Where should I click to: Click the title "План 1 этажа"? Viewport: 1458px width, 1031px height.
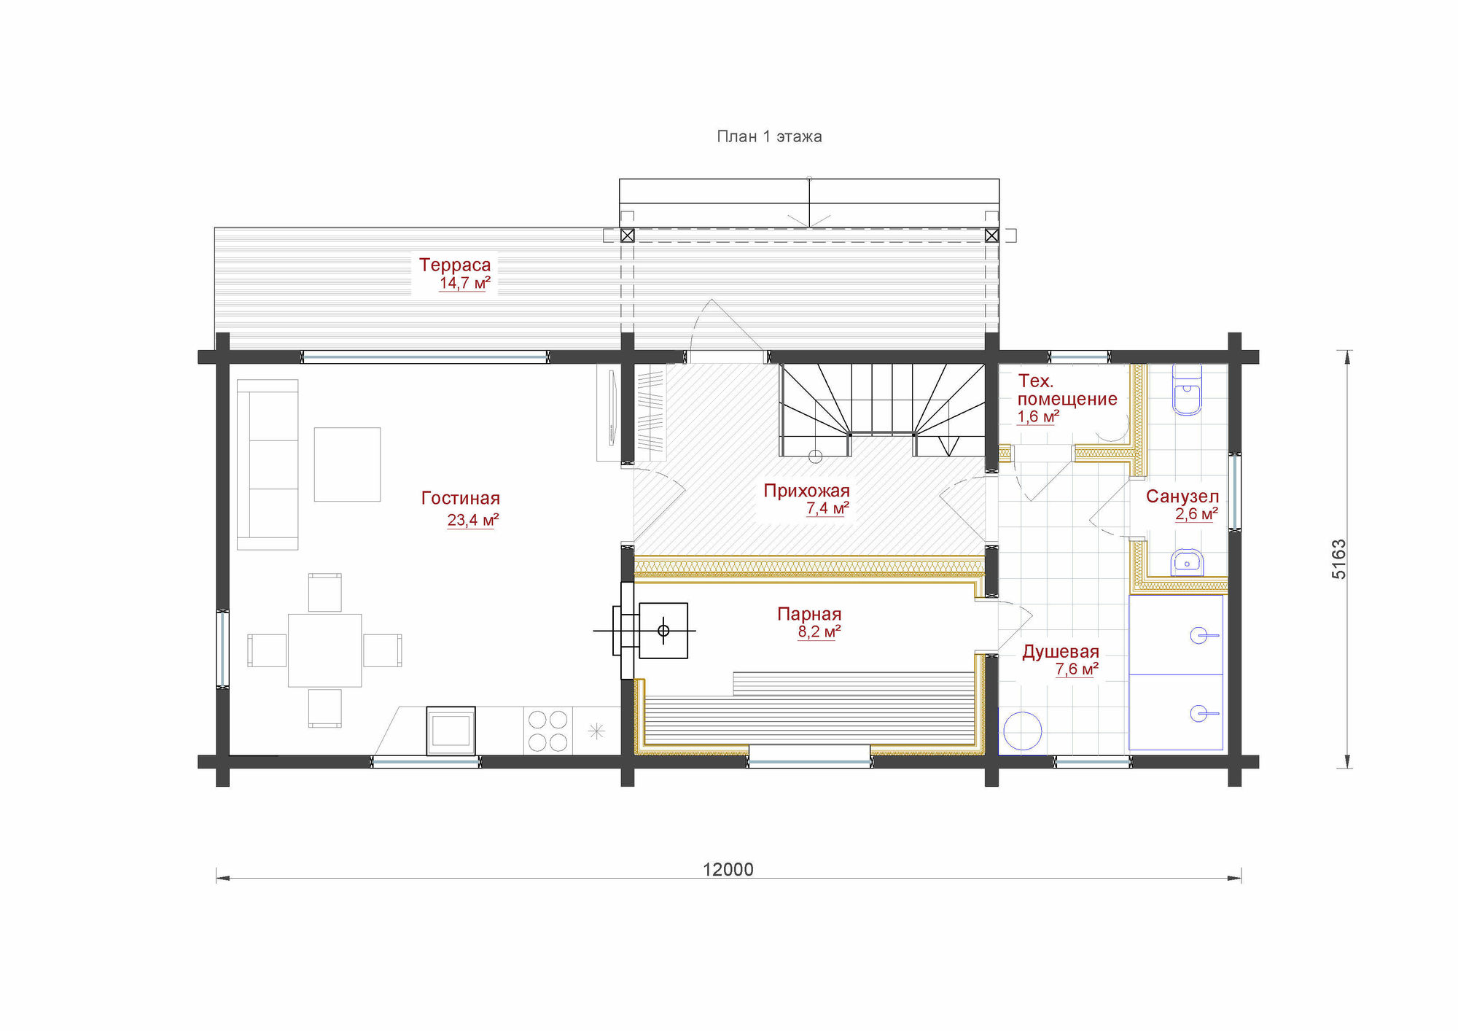pyautogui.click(x=769, y=136)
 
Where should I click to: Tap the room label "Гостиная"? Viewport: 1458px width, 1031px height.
pyautogui.click(x=461, y=498)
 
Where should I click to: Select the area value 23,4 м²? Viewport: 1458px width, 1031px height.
pyautogui.click(x=473, y=520)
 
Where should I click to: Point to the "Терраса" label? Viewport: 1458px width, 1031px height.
pyautogui.click(x=455, y=265)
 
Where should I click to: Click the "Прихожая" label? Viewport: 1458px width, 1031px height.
pyautogui.click(x=807, y=491)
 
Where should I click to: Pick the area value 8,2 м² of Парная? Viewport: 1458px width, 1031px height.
pyautogui.click(x=819, y=631)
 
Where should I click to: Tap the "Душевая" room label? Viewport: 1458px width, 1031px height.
pyautogui.click(x=1061, y=652)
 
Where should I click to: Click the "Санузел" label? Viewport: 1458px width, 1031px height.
pyautogui.click(x=1182, y=497)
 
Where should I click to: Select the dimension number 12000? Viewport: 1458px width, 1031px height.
pyautogui.click(x=728, y=869)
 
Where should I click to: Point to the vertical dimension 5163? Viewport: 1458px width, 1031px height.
pyautogui.click(x=1339, y=559)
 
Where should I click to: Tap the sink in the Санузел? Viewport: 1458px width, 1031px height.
pyautogui.click(x=1187, y=563)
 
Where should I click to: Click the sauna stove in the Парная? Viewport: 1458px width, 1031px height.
pyautogui.click(x=663, y=631)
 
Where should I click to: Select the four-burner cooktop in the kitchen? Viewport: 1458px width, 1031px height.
pyautogui.click(x=548, y=731)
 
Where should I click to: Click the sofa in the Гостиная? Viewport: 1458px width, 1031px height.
pyautogui.click(x=268, y=464)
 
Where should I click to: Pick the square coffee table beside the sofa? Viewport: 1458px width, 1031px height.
pyautogui.click(x=347, y=464)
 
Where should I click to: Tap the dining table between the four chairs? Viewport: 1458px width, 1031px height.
pyautogui.click(x=325, y=650)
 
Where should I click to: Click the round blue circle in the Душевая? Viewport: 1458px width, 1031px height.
pyautogui.click(x=1023, y=731)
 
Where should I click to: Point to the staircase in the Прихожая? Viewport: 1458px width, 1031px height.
pyautogui.click(x=882, y=410)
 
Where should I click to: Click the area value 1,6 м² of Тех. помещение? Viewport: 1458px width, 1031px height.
pyautogui.click(x=1038, y=416)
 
